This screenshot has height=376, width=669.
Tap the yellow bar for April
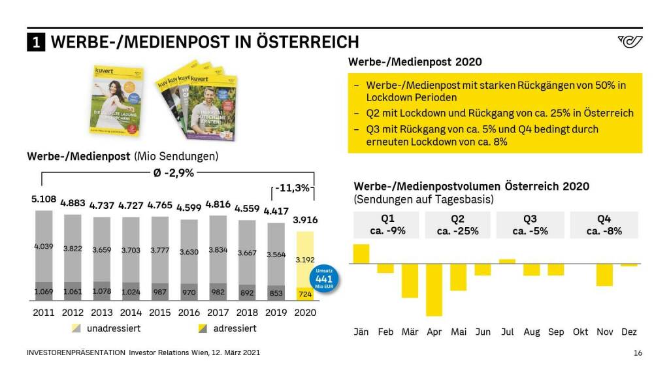pyautogui.click(x=434, y=290)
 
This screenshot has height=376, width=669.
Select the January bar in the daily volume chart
pyautogui.click(x=361, y=254)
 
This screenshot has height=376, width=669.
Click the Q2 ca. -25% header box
pyautogui.click(x=457, y=225)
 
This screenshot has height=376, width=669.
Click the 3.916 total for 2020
pyautogui.click(x=304, y=220)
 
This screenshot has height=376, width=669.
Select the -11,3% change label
pyautogui.click(x=292, y=188)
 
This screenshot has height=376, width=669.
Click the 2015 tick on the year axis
pyautogui.click(x=159, y=313)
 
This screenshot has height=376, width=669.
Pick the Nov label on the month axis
pyautogui.click(x=604, y=332)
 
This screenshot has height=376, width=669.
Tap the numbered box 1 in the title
pyautogui.click(x=36, y=42)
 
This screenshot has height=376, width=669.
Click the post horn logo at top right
pyautogui.click(x=629, y=42)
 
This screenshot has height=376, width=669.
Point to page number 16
pyautogui.click(x=638, y=353)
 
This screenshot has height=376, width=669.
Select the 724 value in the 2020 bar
pyautogui.click(x=304, y=294)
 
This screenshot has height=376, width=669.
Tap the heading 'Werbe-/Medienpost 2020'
pyautogui.click(x=415, y=62)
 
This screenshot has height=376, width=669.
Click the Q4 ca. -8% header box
pyautogui.click(x=604, y=225)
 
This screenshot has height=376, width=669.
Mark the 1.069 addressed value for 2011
pyautogui.click(x=44, y=291)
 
